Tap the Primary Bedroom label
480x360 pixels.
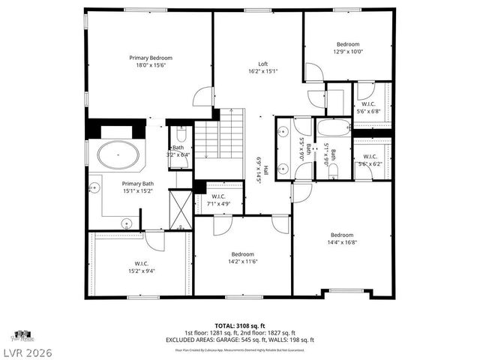click(151, 58)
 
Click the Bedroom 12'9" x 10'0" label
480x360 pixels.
click(348, 48)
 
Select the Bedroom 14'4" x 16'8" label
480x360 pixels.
click(341, 238)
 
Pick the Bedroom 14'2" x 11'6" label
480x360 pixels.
click(242, 258)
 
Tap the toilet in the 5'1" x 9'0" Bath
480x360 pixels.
click(333, 171)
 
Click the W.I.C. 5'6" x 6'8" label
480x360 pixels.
click(369, 107)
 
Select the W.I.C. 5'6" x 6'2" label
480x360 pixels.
click(369, 160)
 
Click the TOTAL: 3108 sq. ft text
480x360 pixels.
click(240, 325)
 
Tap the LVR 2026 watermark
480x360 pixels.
click(26, 350)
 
